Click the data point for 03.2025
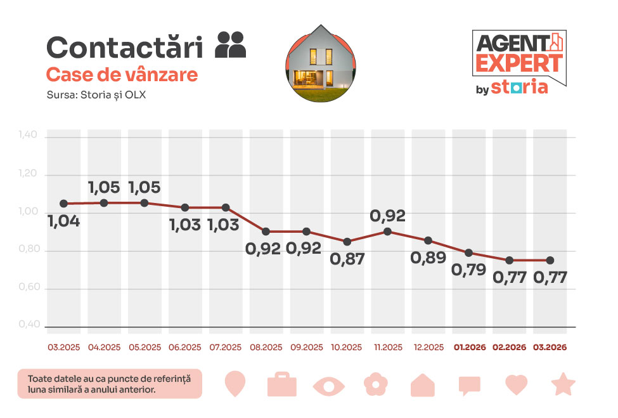point(63,204)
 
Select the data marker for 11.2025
point(387,232)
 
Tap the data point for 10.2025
point(347,242)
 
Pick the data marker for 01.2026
point(468,252)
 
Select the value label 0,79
point(468,270)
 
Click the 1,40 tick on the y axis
point(29,135)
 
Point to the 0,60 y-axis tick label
point(29,288)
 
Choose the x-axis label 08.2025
point(266,348)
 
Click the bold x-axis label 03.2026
point(550,348)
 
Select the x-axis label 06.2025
point(185,348)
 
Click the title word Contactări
point(125,48)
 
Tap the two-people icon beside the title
point(231,45)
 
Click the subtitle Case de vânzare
point(122,75)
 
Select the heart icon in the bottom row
point(517,384)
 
